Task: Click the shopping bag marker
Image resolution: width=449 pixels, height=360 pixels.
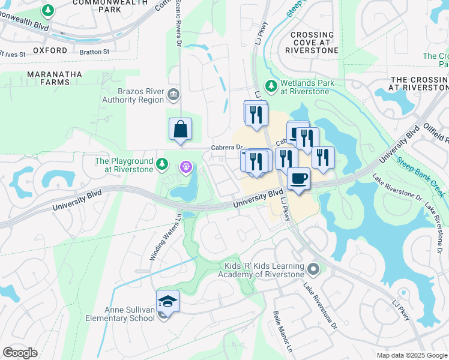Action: pos(180,129)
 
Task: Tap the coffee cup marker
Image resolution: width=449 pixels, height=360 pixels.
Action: pos(298,178)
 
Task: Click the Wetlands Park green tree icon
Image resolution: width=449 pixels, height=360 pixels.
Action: pos(271,86)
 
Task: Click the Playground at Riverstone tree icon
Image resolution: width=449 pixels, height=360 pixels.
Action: pos(161,164)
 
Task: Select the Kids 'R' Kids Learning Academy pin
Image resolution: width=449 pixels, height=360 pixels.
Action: pos(312,269)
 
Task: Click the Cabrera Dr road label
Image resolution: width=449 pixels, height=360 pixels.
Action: pos(226,148)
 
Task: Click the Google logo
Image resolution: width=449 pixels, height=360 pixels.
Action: pos(20,353)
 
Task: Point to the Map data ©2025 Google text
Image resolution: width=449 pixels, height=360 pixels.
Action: pos(411,355)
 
